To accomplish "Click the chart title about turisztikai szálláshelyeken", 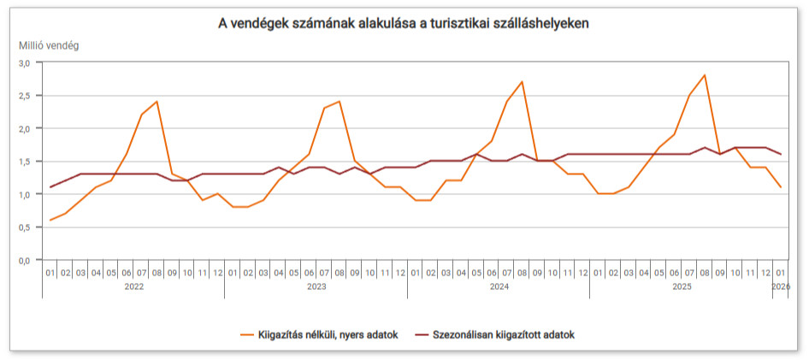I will (404, 24).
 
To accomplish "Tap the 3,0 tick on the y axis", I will (24, 63).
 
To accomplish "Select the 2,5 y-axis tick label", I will (24, 96).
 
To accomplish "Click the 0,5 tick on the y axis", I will (24, 227).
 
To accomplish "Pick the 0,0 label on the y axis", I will (24, 260).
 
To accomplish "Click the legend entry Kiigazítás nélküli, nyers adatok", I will (328, 334).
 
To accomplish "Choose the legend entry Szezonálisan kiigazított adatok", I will (503, 334).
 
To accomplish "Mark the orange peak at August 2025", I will (704, 75).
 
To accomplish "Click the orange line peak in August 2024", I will (522, 82).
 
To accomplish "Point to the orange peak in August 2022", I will (156, 102).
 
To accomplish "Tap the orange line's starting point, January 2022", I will (50, 220).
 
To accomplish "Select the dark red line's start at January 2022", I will (50, 187).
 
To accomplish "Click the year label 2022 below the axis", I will (133, 287).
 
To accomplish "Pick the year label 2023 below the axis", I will (316, 287).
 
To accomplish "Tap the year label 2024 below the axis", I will (499, 287).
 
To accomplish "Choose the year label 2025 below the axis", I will (682, 287).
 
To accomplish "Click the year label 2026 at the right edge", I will (781, 287).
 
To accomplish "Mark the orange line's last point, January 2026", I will (781, 187).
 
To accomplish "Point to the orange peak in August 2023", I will (340, 102).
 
